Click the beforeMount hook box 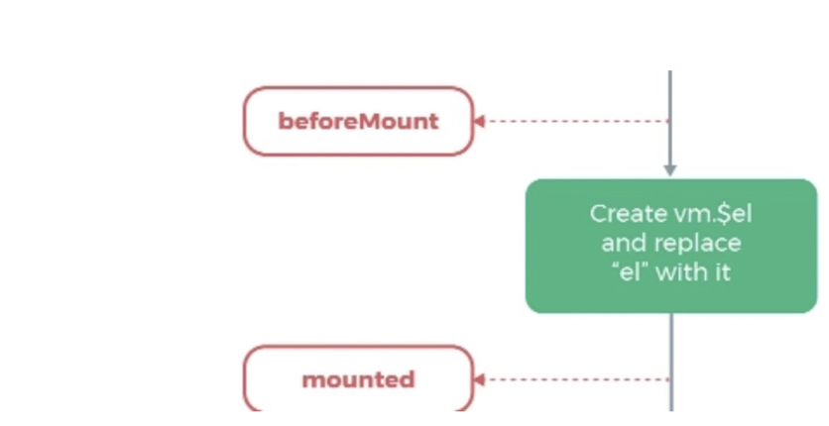click(358, 122)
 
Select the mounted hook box click(358, 378)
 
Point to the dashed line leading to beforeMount click(575, 122)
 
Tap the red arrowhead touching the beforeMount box click(479, 122)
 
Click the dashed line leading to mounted click(575, 378)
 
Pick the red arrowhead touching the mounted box click(479, 378)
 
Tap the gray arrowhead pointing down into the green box click(670, 170)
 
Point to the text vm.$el click(708, 213)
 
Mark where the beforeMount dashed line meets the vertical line click(670, 122)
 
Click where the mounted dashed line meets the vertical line click(670, 378)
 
